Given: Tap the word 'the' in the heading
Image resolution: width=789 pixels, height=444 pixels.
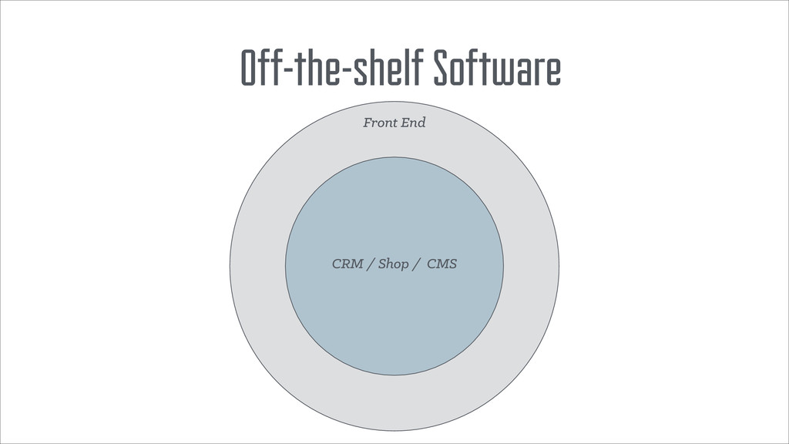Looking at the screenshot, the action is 314,70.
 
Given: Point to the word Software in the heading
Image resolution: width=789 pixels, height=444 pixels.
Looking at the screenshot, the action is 496,70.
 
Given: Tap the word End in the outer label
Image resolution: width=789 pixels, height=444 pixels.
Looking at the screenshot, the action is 414,123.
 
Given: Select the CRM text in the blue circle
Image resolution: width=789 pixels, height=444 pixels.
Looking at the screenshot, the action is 347,264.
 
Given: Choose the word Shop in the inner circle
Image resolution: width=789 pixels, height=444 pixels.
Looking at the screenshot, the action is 394,265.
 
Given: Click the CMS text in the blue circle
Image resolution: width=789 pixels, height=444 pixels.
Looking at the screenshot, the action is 442,264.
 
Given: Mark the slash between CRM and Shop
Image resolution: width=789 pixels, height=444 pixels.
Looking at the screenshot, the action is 372,265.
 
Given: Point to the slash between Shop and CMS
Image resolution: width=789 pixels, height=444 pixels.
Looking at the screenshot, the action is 417,265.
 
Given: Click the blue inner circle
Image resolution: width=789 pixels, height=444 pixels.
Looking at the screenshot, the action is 394,324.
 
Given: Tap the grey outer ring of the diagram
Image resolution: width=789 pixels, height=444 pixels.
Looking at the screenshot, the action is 394,401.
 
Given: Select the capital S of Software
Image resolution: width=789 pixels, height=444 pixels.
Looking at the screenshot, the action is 442,70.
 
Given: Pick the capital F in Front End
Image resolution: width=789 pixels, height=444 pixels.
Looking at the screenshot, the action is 368,123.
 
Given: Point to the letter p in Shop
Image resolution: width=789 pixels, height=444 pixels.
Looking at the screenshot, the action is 407,267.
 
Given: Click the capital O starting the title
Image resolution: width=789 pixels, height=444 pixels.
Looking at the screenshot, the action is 249,70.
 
